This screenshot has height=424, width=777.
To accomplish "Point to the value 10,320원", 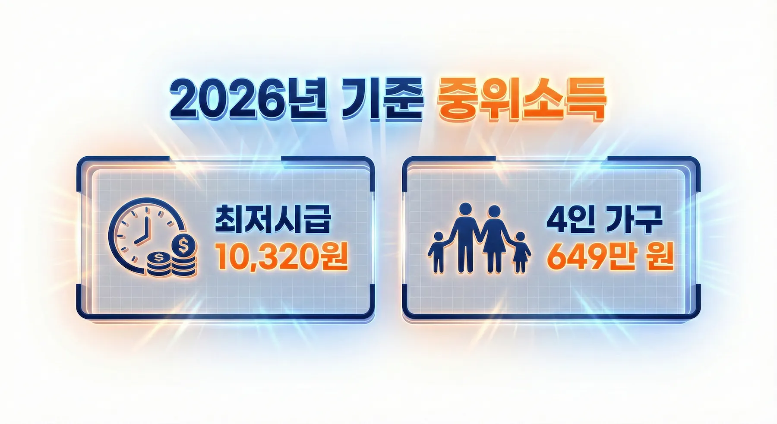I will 281,256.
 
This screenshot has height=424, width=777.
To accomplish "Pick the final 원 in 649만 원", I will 660,257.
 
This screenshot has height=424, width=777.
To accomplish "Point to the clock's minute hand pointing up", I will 146,225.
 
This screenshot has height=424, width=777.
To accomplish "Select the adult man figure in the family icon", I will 464,237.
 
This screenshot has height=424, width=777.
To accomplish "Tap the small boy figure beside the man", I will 438,253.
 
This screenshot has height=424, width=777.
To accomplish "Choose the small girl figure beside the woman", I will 521,253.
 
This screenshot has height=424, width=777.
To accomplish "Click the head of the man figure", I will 464,210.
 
